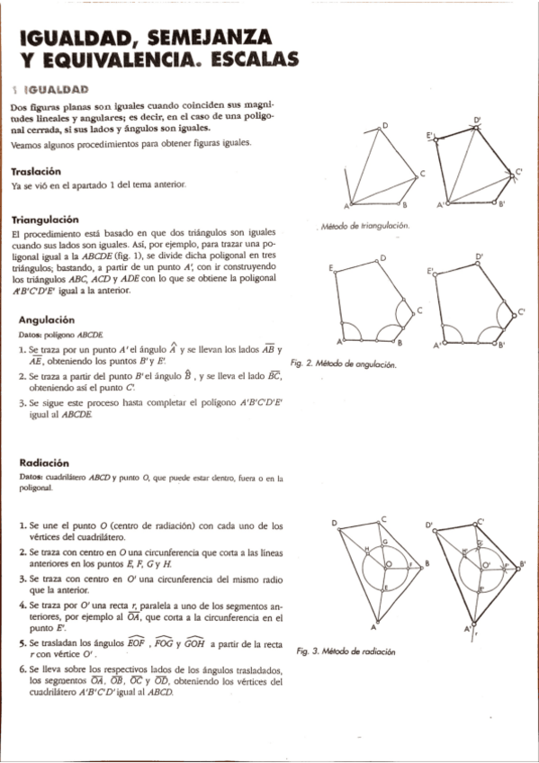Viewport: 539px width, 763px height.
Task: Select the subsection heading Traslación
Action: [x=36, y=171]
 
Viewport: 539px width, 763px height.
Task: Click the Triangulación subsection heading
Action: [x=45, y=220]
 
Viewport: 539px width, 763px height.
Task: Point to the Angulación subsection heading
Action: [x=46, y=319]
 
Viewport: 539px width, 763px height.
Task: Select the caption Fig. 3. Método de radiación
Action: [x=346, y=650]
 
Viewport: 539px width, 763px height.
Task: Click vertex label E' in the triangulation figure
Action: [x=431, y=135]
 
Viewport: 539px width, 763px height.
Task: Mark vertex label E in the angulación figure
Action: [x=331, y=268]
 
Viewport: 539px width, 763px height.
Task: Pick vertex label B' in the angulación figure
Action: [x=501, y=346]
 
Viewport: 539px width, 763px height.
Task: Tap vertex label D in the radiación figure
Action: [x=334, y=523]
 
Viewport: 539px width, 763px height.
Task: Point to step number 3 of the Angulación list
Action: [x=22, y=404]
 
